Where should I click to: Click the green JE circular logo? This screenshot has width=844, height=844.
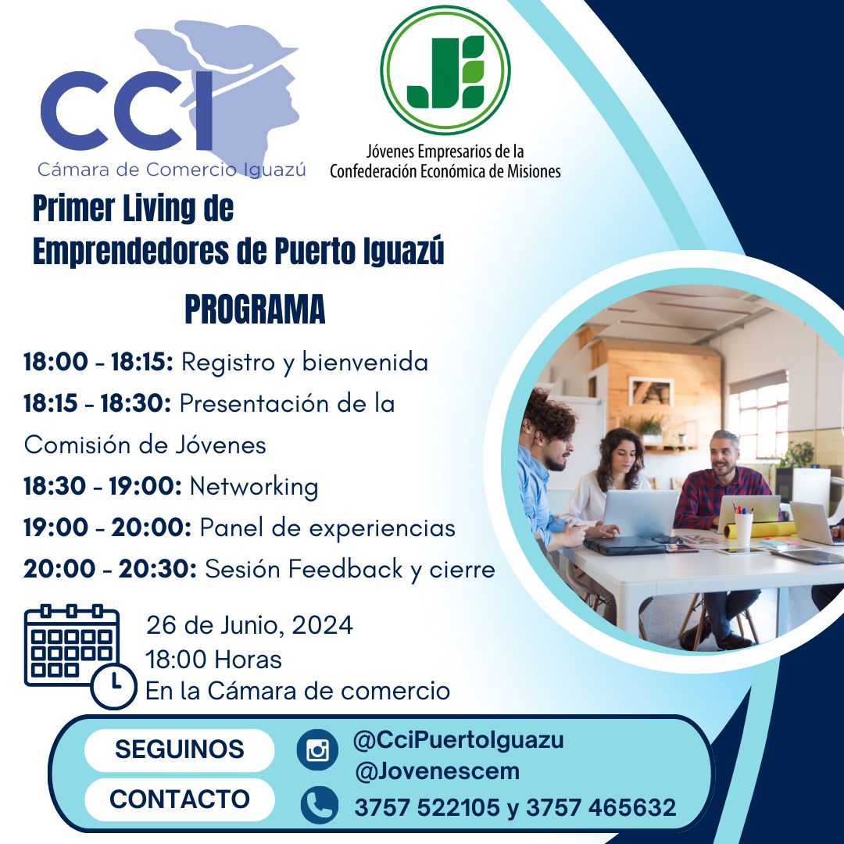pos(445,70)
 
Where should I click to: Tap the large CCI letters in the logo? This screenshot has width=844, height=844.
pos(127,110)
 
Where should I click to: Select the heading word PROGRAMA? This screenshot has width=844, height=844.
pos(255,309)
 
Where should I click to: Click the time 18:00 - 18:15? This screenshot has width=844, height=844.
pos(98,362)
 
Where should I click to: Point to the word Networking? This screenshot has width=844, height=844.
pos(254,487)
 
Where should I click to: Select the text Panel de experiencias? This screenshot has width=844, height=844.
pos(327,528)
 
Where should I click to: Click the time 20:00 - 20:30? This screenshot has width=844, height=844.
pos(110,569)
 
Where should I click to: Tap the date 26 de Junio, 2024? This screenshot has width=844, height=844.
pos(250,625)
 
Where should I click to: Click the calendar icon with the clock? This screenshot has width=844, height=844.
pos(80,655)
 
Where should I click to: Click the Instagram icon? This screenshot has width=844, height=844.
pos(317,749)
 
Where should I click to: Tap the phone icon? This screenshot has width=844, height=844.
pos(319,805)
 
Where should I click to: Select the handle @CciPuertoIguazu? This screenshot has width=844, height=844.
pos(459,740)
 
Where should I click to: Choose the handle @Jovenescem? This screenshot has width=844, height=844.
pos(437,771)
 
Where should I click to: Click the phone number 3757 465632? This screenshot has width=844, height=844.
pos(601,807)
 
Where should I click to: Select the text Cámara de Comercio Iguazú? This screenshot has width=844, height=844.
pos(172,170)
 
